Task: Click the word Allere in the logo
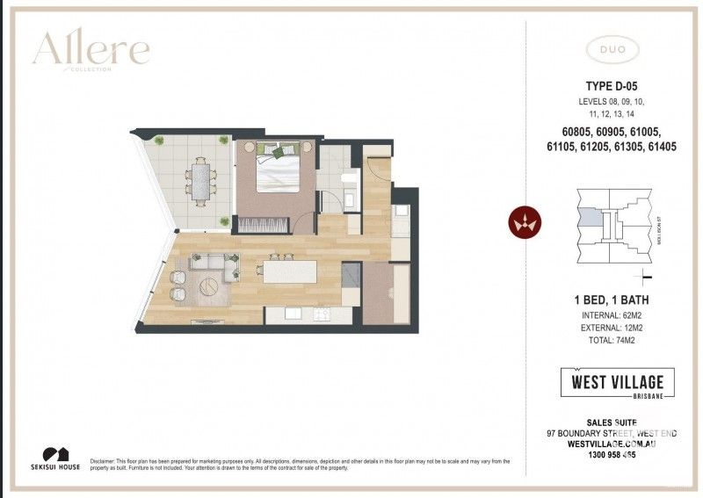[x=91, y=50]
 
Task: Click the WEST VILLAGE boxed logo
[x=618, y=385]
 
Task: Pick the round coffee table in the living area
[x=212, y=286]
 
